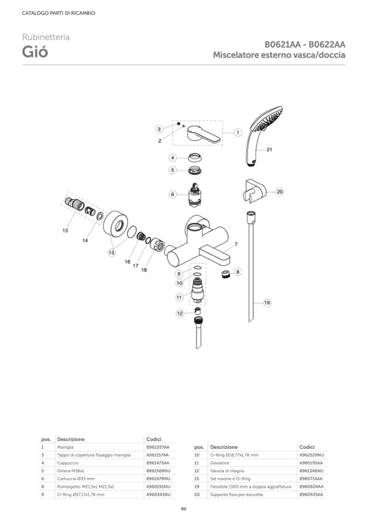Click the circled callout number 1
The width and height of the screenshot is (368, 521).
[x=238, y=132]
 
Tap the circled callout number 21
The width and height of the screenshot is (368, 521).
[x=269, y=149]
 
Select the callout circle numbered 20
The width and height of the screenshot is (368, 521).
[x=280, y=191]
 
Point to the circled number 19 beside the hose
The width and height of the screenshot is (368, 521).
[x=267, y=303]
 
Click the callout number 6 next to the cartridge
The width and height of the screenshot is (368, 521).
[x=172, y=194]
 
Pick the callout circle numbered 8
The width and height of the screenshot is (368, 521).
[x=238, y=271]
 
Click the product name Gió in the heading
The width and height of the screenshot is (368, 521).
[x=35, y=52]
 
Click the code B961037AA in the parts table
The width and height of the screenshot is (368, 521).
[x=158, y=447]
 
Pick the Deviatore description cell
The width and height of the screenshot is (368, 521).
[x=219, y=463]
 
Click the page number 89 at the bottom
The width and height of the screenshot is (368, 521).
[x=184, y=509]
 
